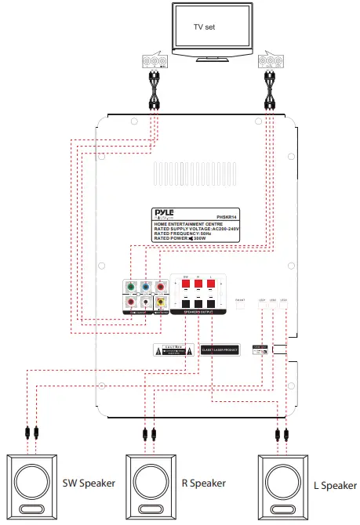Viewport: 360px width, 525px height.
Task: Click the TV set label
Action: (x=206, y=27)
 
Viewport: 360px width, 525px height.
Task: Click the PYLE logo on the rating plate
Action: (x=166, y=213)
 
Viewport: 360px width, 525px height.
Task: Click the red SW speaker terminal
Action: (x=187, y=284)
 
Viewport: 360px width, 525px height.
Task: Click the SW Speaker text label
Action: (x=89, y=483)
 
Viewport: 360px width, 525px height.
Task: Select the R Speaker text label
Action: (x=202, y=483)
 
